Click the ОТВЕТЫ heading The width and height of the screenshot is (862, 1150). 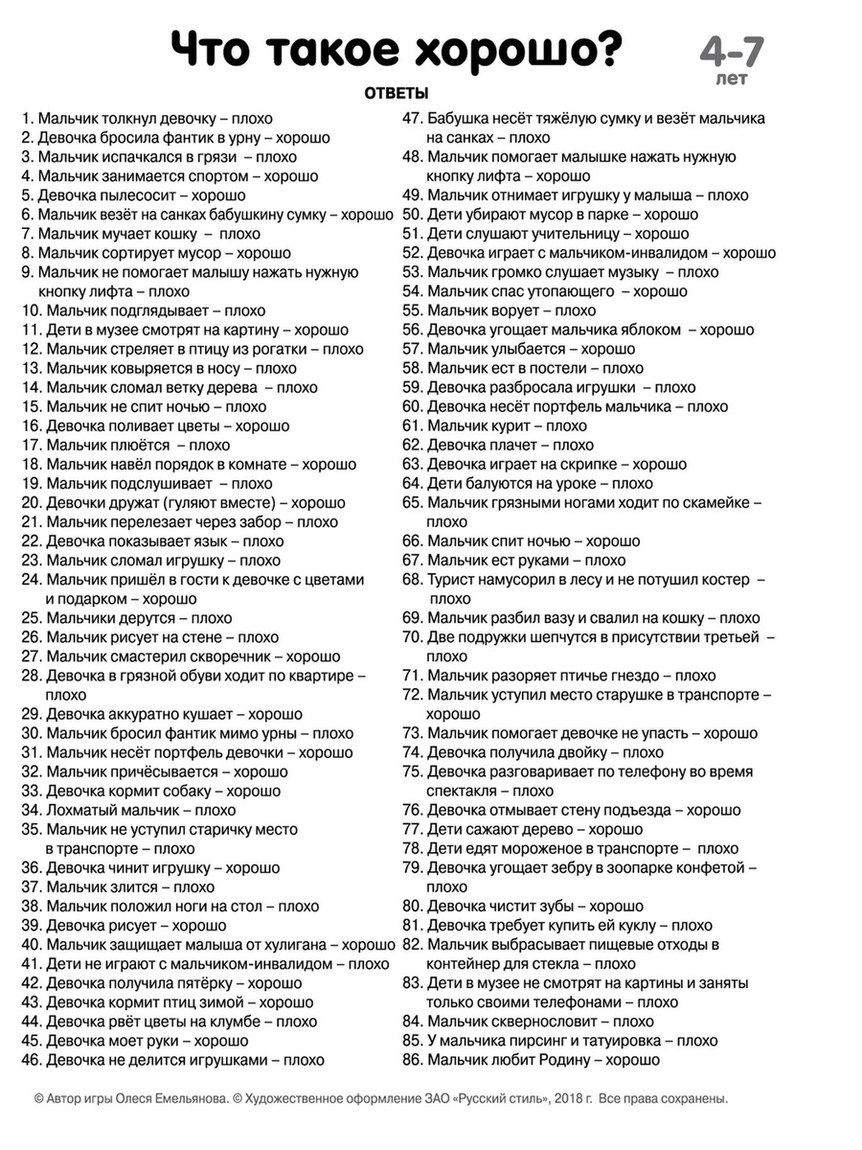tap(396, 93)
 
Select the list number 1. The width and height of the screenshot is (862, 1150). tap(26, 119)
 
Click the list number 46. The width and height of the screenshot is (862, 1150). tap(30, 1060)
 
